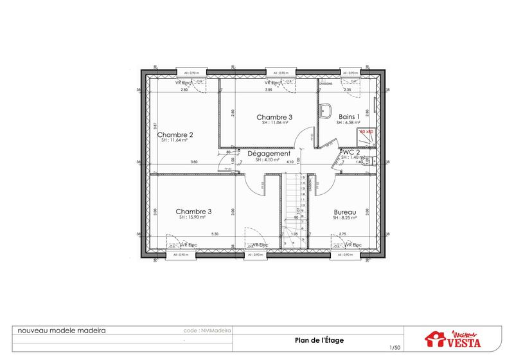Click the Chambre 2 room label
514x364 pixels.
coord(175,135)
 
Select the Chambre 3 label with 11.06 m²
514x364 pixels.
coord(274,117)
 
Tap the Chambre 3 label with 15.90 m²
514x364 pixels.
coord(193,212)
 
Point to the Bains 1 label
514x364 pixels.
coord(349,116)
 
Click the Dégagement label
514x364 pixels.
coord(269,154)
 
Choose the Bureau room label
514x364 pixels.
coord(345,212)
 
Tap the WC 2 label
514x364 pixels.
coord(352,152)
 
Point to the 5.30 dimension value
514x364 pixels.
coord(215,234)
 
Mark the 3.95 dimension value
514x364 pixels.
coord(269,90)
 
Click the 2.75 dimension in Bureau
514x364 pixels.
coord(342,234)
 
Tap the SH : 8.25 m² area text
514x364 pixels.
coord(345,218)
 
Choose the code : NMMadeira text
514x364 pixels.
coord(207,330)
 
